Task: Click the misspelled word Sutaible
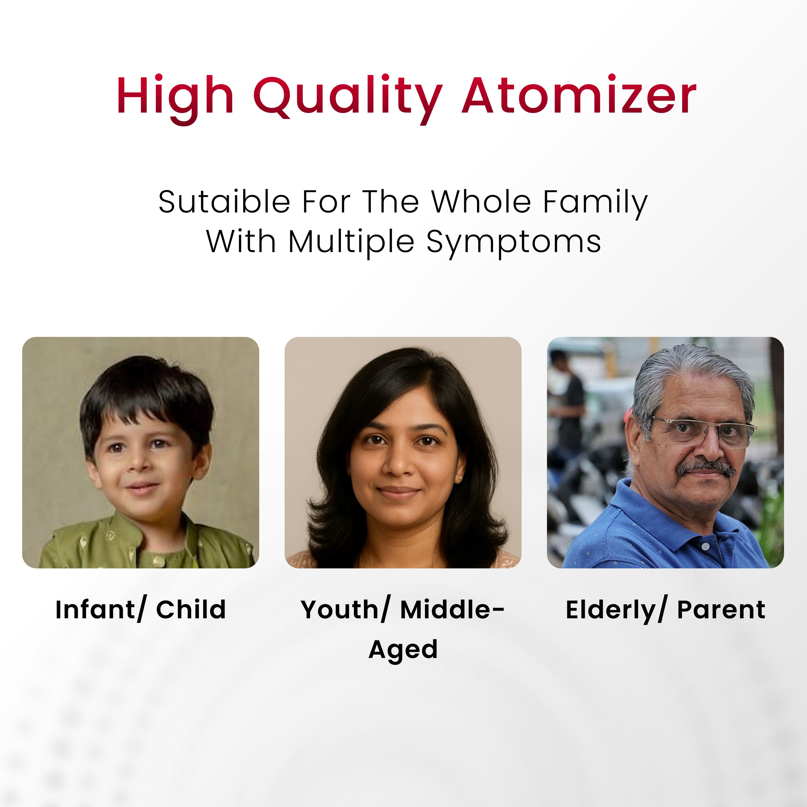[x=224, y=202]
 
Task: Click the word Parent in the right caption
[x=721, y=610]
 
